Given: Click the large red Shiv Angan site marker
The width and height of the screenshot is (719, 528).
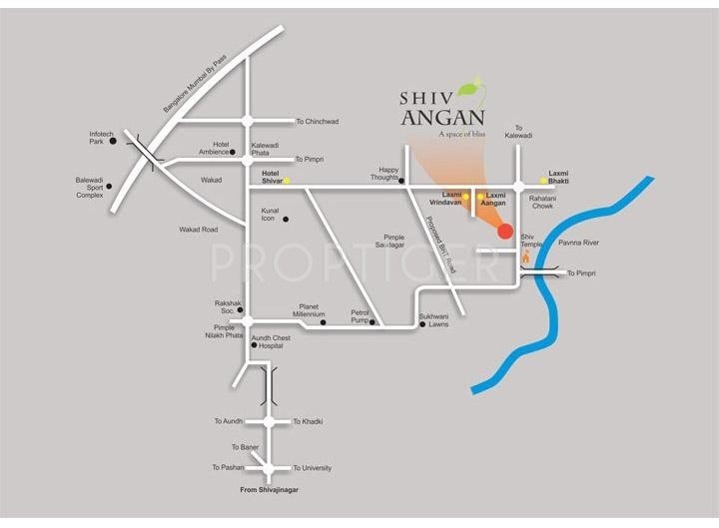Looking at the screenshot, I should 505,232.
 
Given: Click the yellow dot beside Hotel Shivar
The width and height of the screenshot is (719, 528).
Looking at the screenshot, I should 287,181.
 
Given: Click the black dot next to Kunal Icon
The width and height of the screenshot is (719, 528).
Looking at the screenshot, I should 286,219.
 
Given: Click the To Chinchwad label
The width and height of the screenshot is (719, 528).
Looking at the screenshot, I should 317,122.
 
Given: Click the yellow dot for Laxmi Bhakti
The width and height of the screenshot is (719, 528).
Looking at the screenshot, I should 543,181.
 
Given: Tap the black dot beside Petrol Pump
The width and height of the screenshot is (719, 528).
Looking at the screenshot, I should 371,322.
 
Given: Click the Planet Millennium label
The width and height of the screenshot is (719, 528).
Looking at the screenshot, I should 309,310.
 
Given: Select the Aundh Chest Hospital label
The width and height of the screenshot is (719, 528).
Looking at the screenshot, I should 271,341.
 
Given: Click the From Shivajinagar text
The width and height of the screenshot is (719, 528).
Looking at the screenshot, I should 268,490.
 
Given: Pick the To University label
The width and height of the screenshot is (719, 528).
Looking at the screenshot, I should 312,468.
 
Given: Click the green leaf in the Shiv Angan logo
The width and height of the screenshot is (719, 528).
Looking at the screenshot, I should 480,88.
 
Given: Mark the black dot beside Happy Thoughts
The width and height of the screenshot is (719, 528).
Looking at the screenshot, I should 401,182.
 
